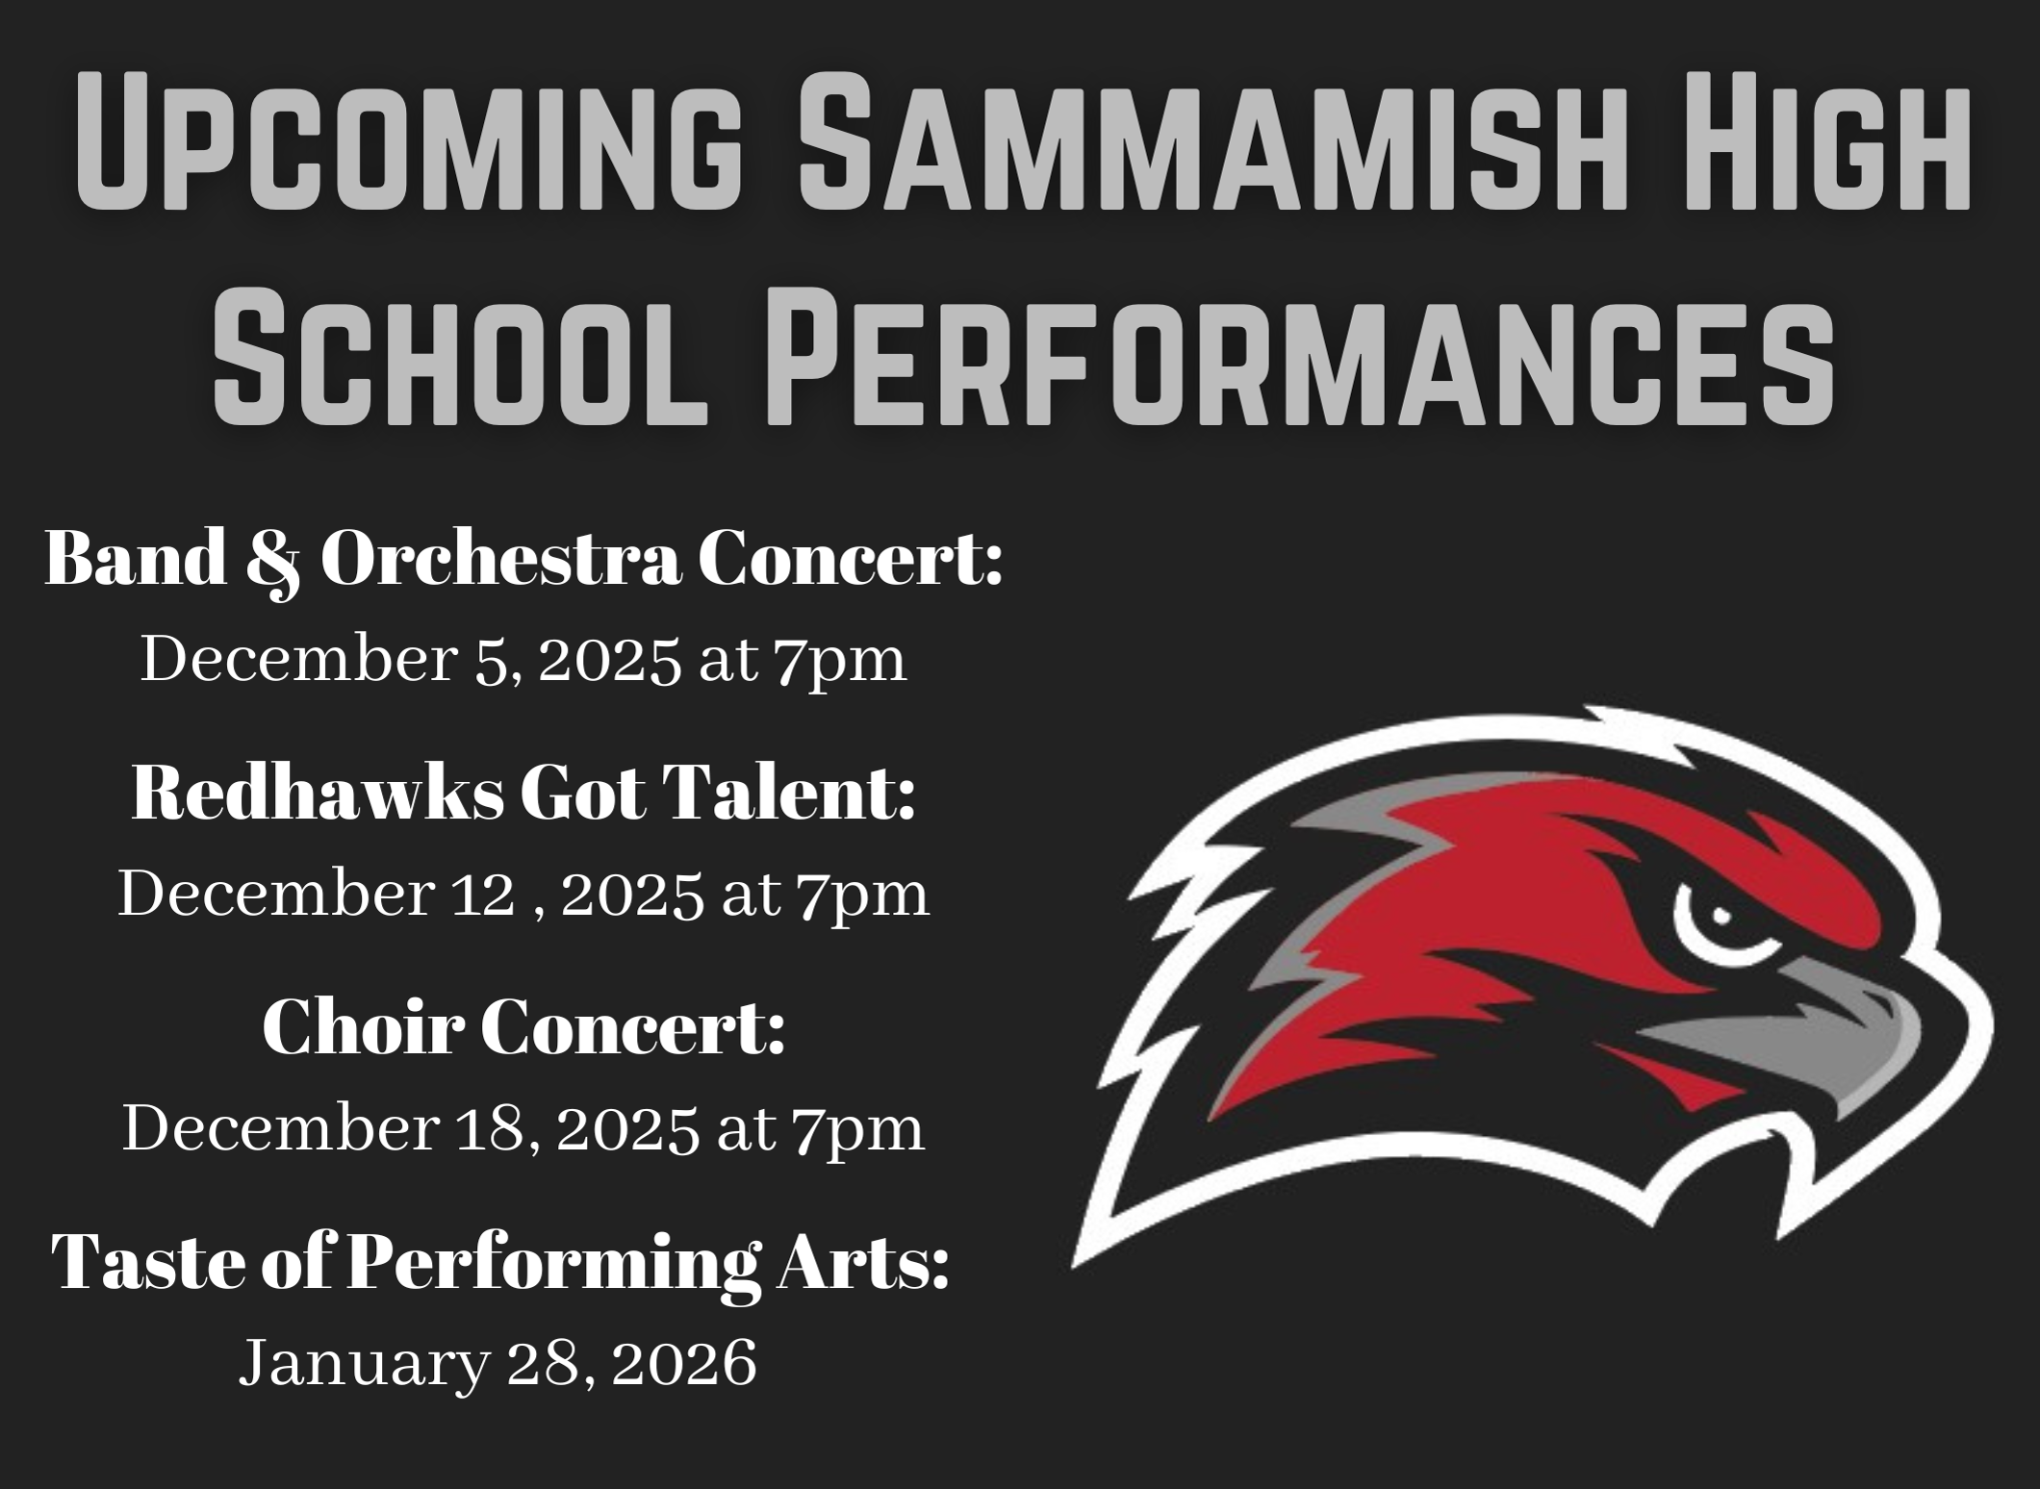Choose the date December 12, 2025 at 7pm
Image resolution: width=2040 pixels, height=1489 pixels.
click(524, 896)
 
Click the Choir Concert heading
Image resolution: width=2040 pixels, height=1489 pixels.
click(524, 1027)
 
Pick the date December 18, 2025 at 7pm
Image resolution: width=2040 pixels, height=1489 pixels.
click(524, 1128)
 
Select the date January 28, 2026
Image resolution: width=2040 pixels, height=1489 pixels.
click(498, 1363)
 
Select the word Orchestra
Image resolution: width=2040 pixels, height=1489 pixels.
click(500, 560)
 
